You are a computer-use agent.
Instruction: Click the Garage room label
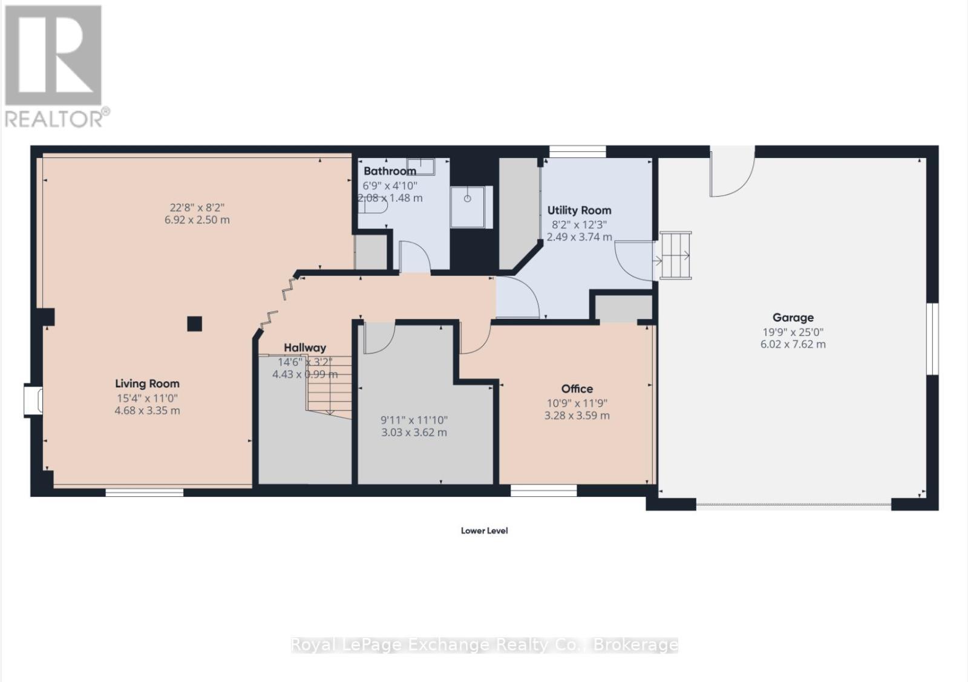[x=793, y=317]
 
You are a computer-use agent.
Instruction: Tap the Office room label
[x=577, y=389]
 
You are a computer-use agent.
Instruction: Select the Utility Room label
[x=579, y=210]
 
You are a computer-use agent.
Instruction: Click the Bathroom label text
[x=390, y=171]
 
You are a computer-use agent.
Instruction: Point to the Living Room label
[x=147, y=383]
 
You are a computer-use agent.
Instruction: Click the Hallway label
[x=305, y=347]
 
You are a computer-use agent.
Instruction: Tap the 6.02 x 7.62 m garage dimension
[x=793, y=344]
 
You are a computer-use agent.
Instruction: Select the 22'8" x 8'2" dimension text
[x=197, y=207]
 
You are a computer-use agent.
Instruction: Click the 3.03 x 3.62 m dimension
[x=414, y=432]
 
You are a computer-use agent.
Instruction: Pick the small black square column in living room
[x=194, y=324]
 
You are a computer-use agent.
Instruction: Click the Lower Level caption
[x=484, y=531]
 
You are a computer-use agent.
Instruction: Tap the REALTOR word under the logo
[x=54, y=119]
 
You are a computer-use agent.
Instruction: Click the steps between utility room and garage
[x=675, y=255]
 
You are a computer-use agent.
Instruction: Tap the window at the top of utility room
[x=577, y=151]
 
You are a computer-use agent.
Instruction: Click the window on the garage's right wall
[x=932, y=339]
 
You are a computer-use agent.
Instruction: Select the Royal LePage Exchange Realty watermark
[x=484, y=644]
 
